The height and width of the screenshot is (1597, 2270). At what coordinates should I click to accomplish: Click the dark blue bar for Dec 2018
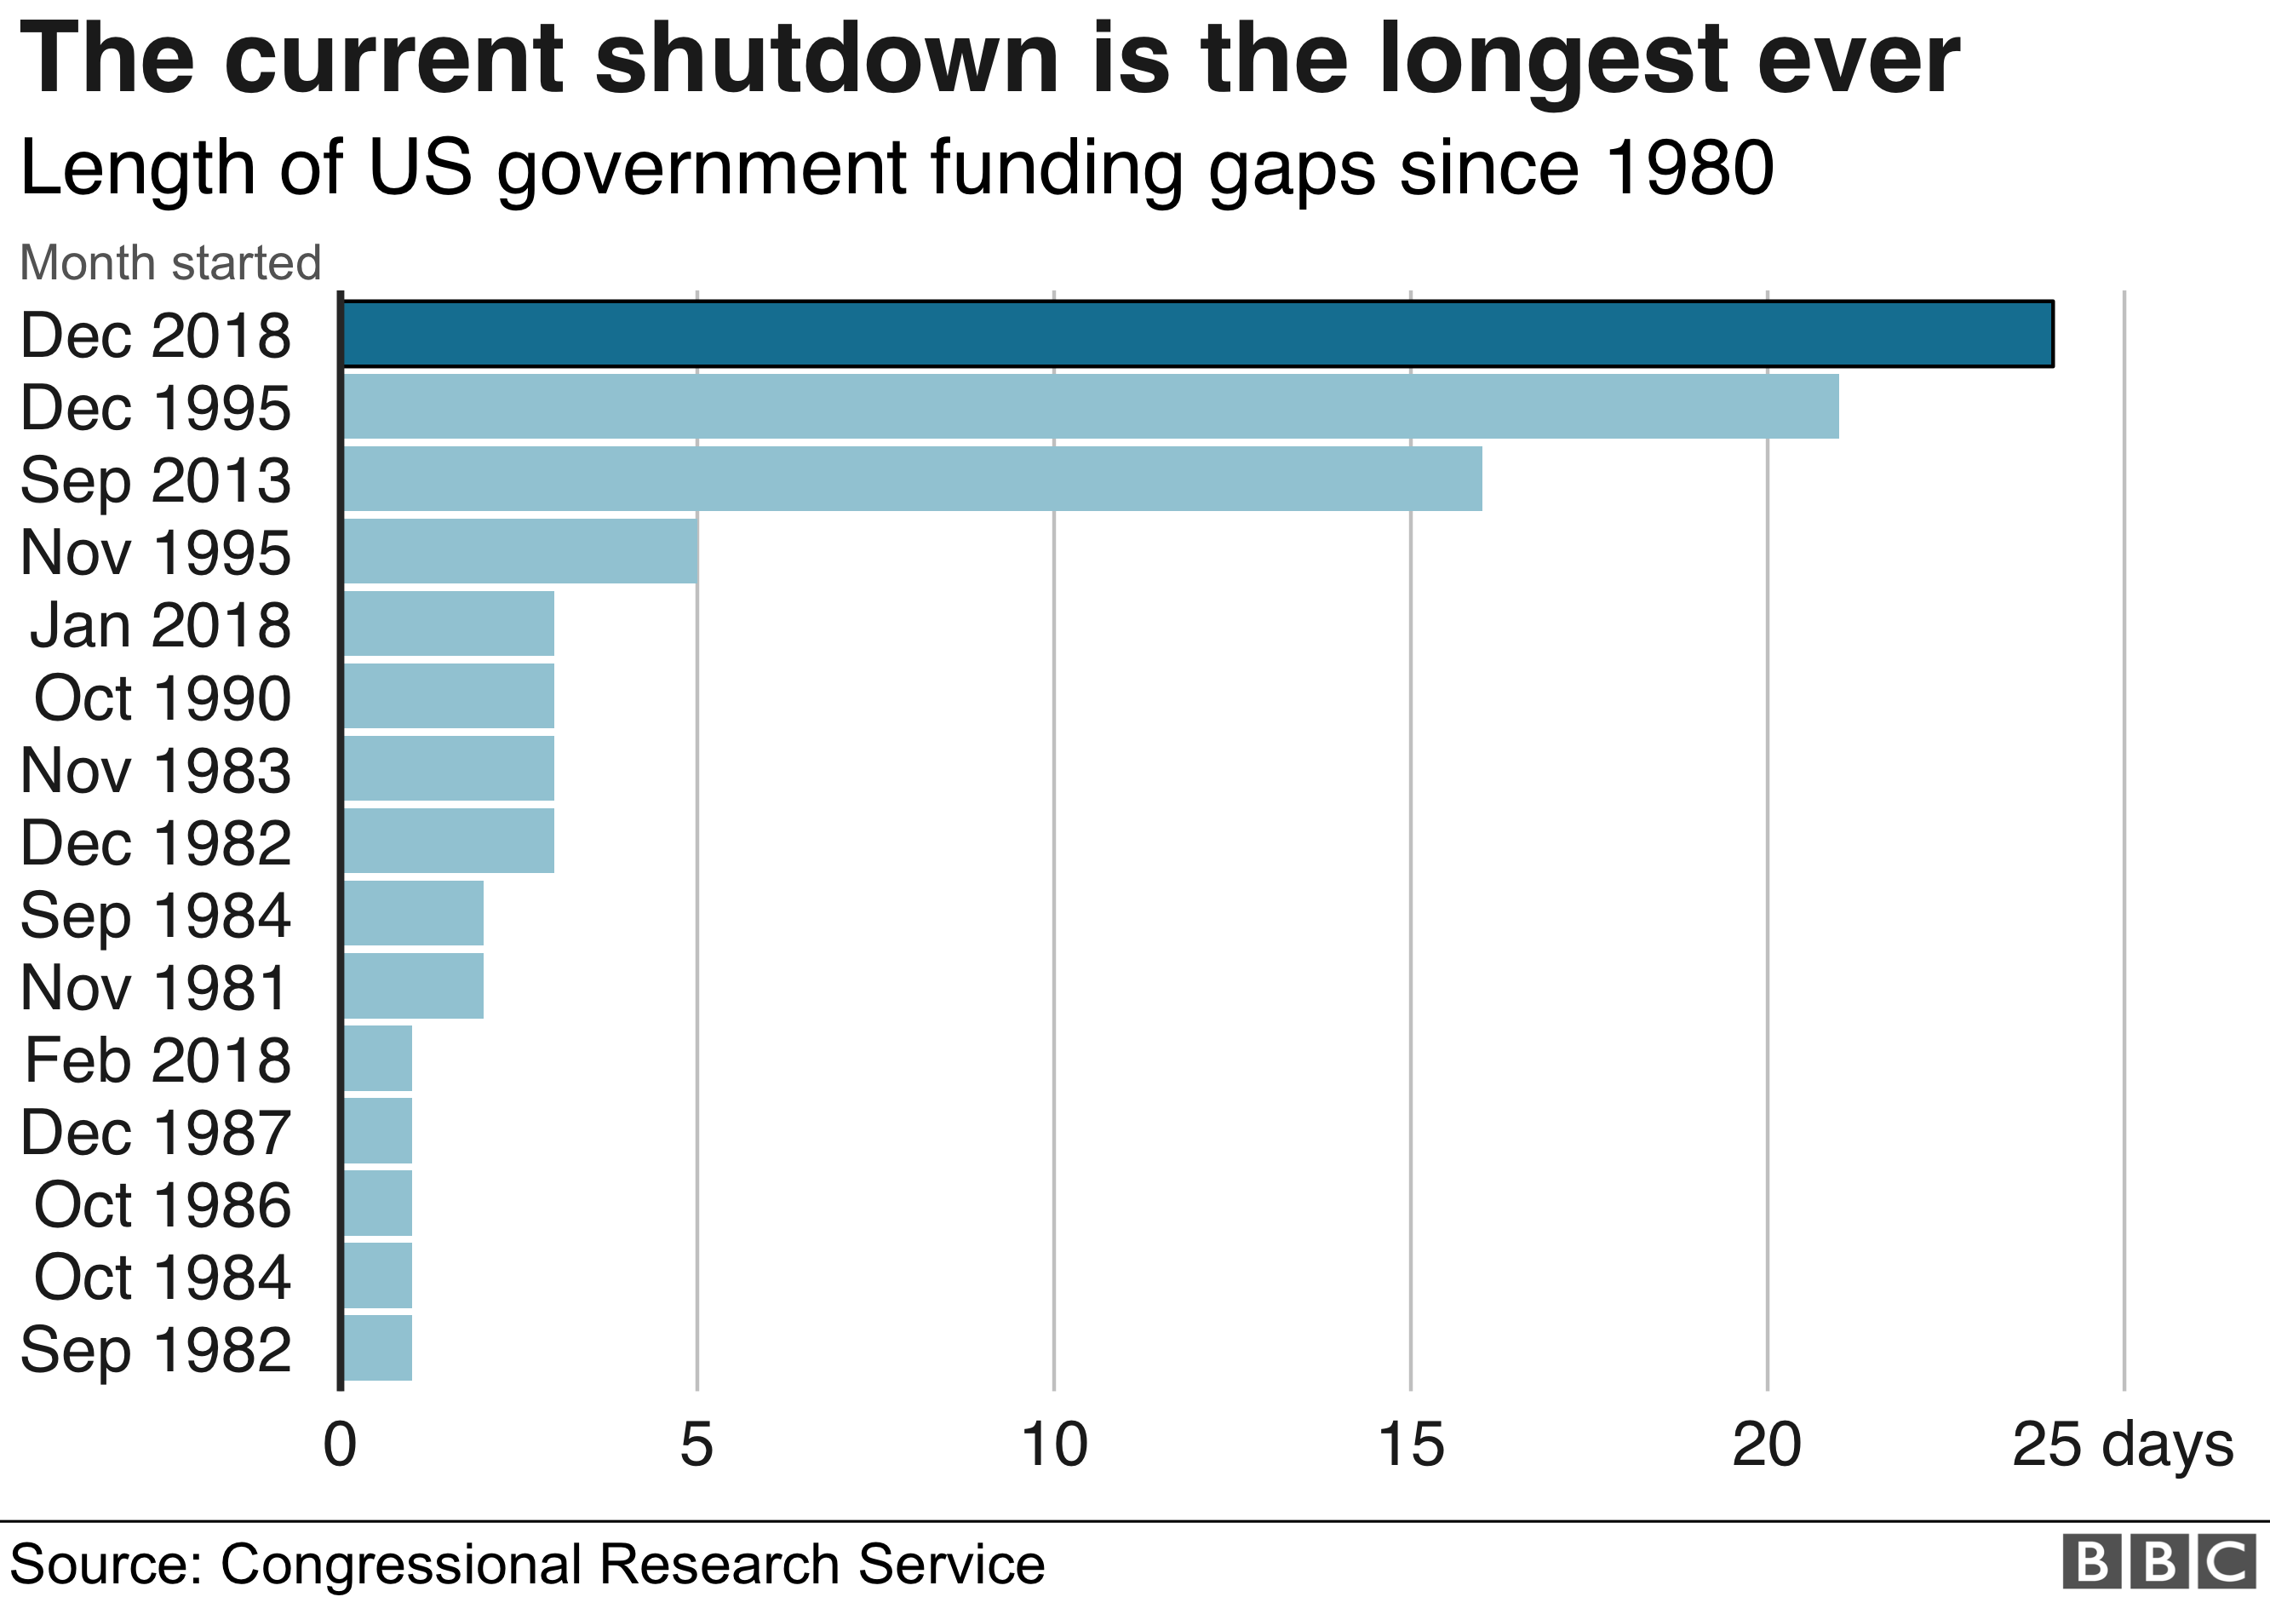(1196, 333)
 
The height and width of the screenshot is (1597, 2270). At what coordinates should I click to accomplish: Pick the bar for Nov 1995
(520, 551)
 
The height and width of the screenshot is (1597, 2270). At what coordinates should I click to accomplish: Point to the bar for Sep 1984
(413, 913)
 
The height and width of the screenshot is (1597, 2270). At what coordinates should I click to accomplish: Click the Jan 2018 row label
(160, 625)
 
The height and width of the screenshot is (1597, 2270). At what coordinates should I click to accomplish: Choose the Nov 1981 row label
(154, 987)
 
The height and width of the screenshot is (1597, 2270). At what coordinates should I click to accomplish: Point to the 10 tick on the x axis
(1054, 1445)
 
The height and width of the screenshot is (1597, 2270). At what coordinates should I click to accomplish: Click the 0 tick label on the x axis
(340, 1445)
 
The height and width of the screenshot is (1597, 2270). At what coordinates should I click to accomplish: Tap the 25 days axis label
(2122, 1445)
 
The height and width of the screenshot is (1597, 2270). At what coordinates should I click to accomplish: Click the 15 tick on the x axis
(1411, 1445)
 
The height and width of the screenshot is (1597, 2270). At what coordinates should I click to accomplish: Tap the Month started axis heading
(170, 263)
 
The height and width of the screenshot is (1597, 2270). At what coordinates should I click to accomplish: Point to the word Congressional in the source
(400, 1565)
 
